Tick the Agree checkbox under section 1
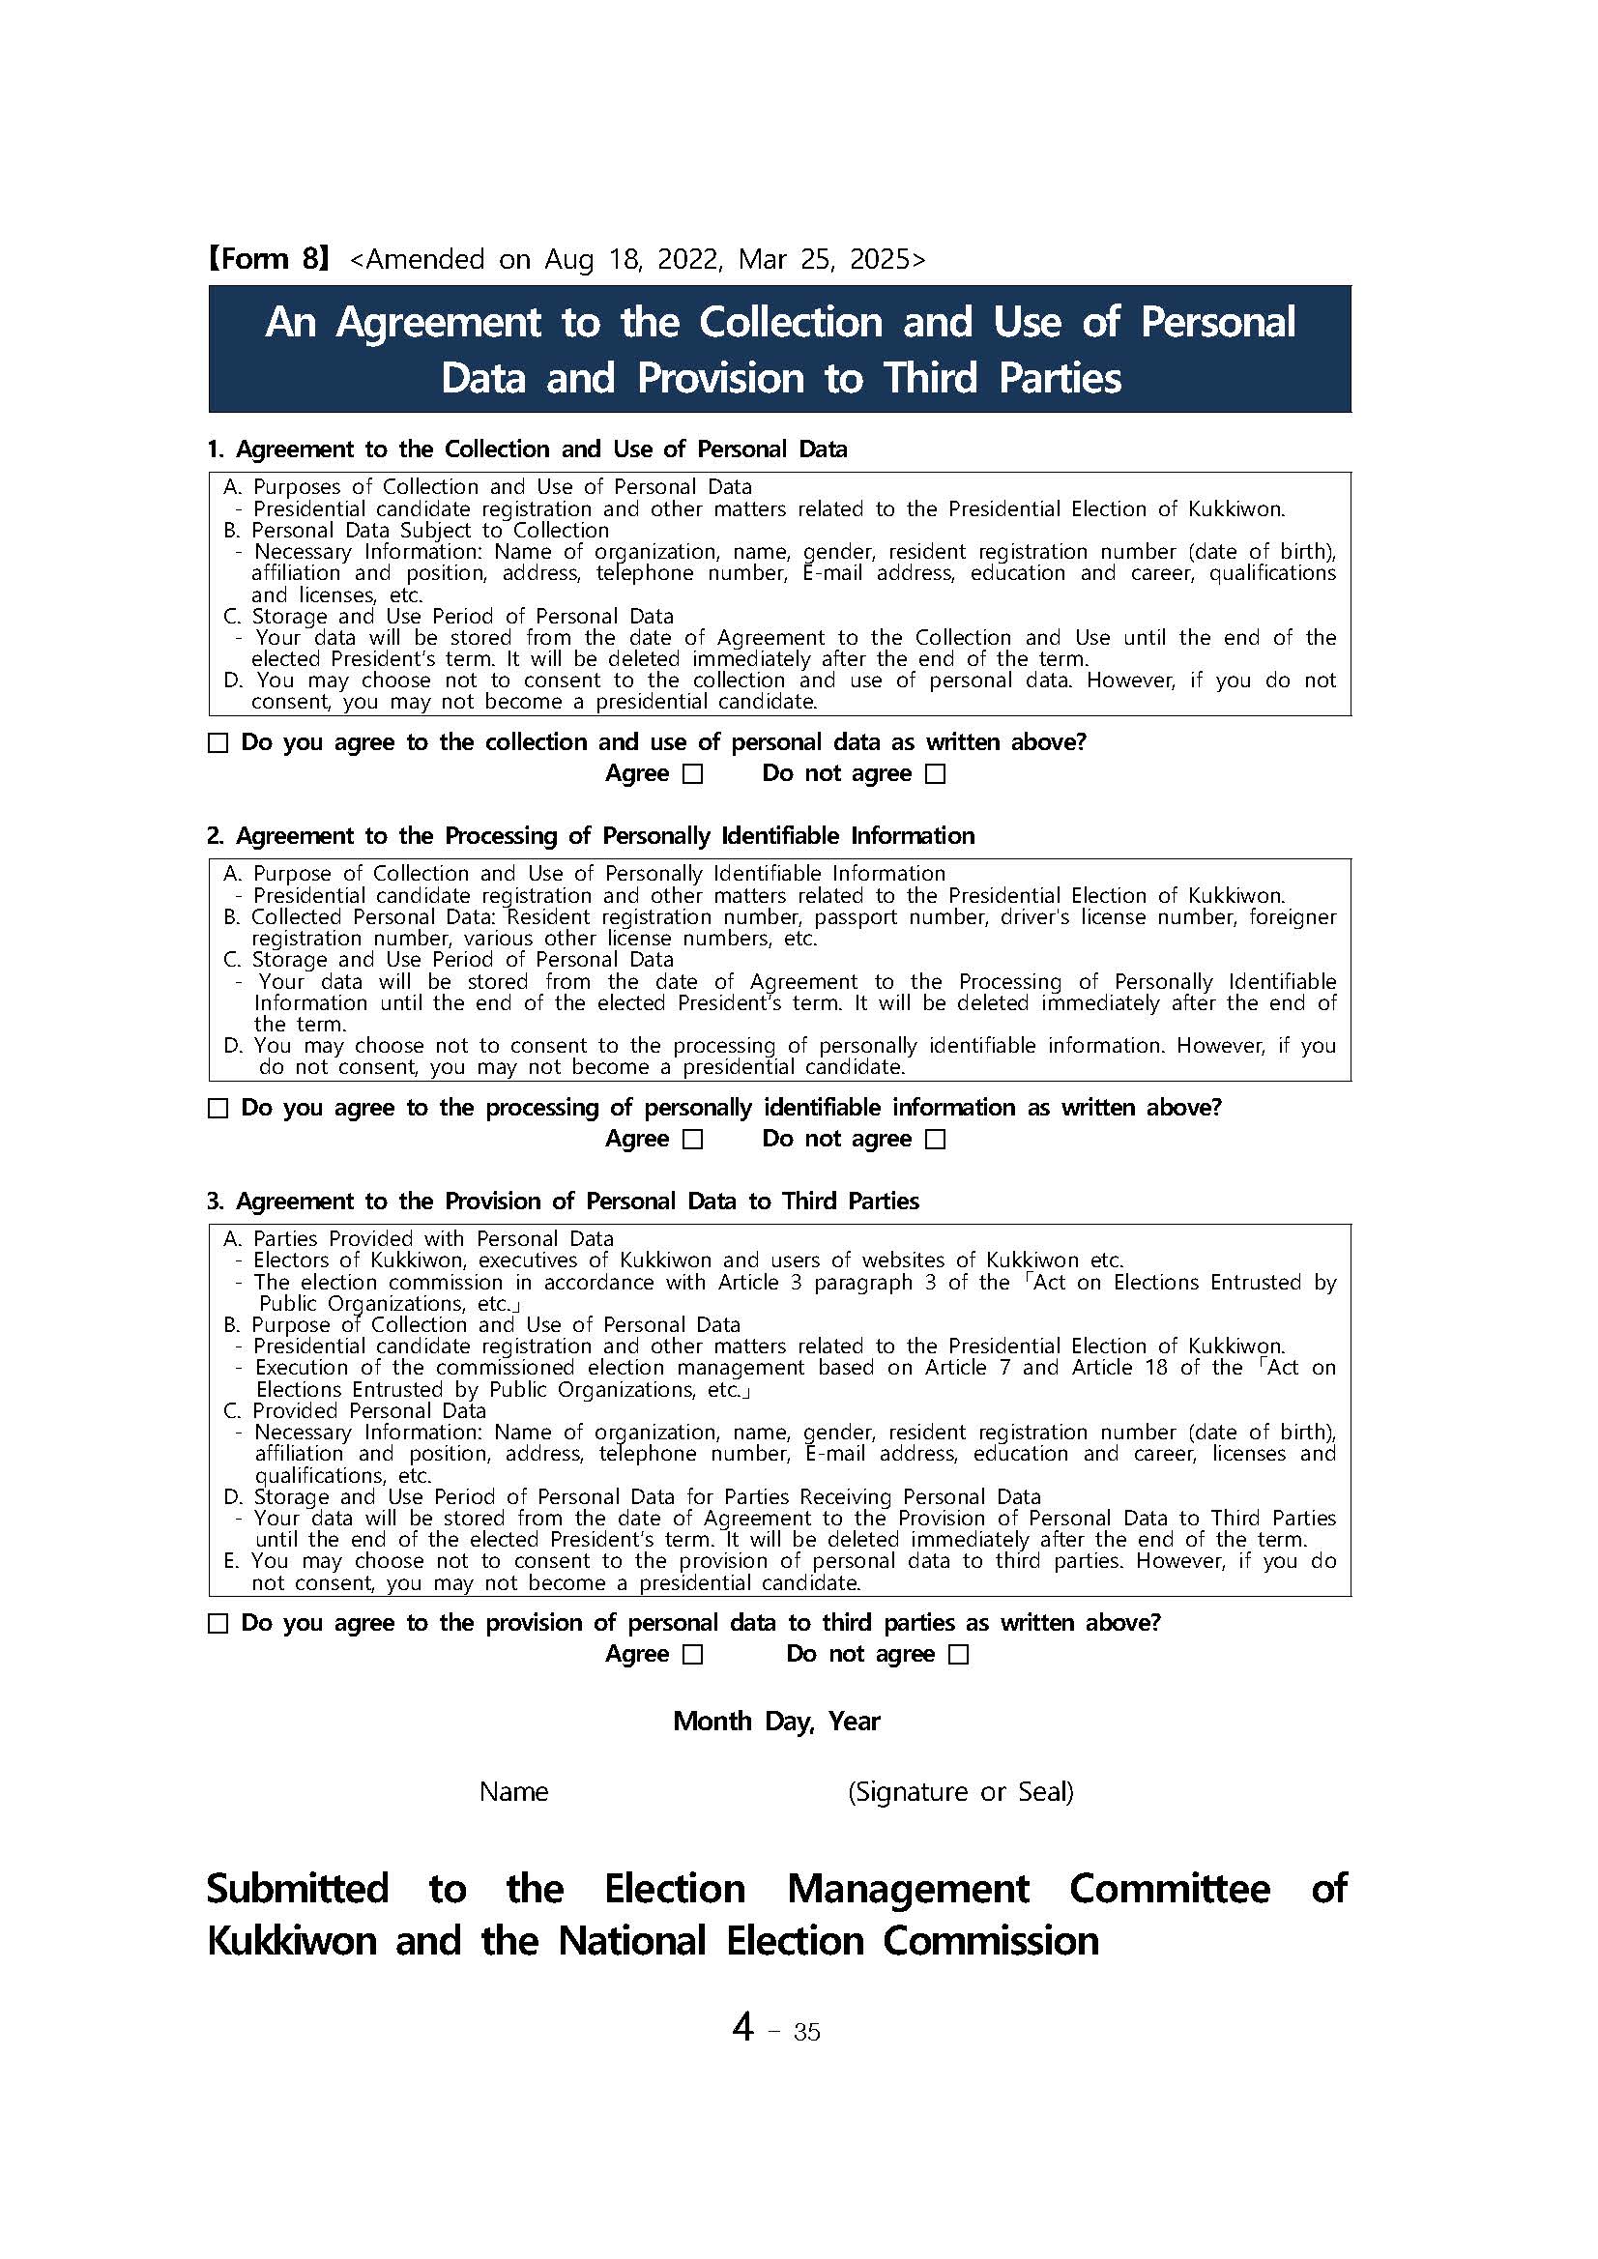(x=693, y=774)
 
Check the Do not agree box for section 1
(x=936, y=774)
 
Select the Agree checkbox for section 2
(x=693, y=1140)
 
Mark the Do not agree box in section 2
(x=936, y=1140)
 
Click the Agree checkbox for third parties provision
(x=693, y=1655)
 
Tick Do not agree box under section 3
(x=959, y=1655)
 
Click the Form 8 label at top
(x=268, y=259)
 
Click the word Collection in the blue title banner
(x=791, y=323)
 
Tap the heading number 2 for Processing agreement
(x=216, y=836)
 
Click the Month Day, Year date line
(x=776, y=1722)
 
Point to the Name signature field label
(x=513, y=1792)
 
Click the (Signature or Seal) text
(x=960, y=1792)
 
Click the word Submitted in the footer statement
(x=297, y=1889)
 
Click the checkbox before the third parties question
(x=218, y=1623)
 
